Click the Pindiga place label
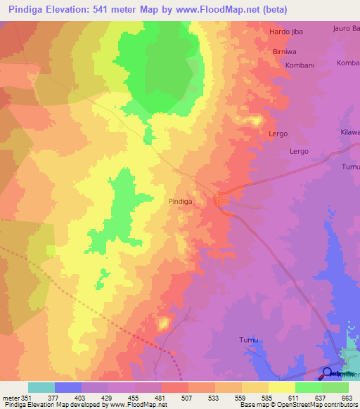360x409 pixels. [181, 201]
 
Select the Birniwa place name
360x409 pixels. [285, 52]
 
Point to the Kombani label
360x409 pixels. [299, 64]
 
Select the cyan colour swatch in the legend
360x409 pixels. [41, 387]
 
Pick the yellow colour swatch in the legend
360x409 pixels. [282, 387]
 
